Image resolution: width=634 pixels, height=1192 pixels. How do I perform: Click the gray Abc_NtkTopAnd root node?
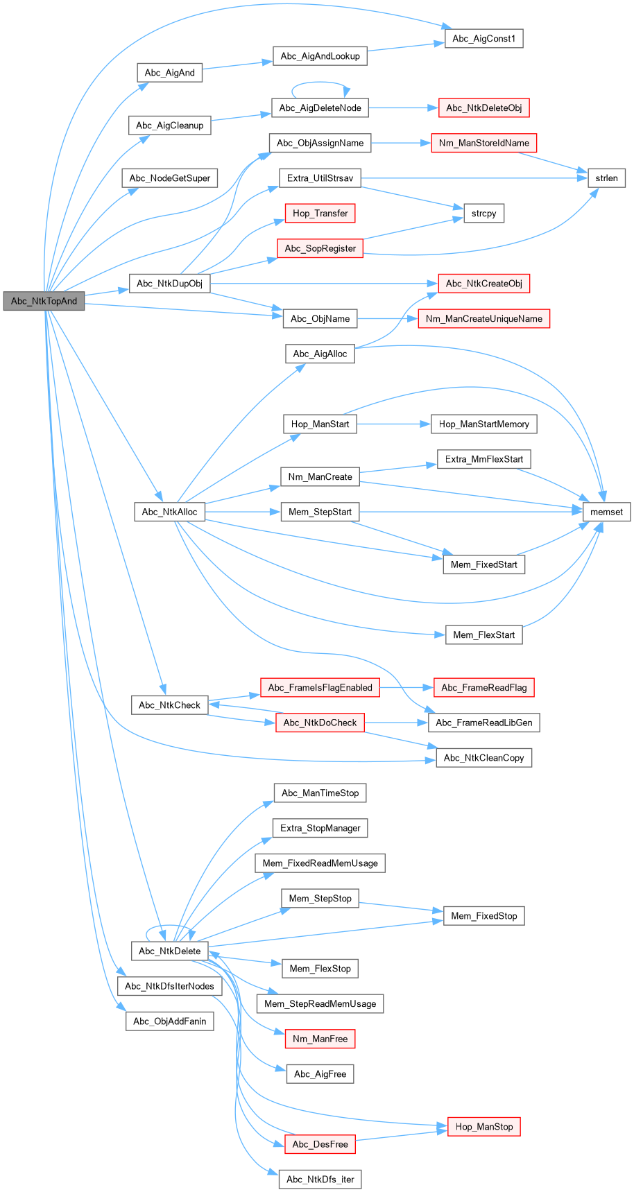point(44,301)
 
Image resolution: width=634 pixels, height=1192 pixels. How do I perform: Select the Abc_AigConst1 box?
point(483,39)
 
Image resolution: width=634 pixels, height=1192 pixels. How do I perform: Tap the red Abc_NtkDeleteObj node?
point(483,108)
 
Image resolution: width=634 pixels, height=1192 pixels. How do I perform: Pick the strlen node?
point(606,178)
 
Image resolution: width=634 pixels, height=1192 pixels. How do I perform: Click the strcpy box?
point(483,214)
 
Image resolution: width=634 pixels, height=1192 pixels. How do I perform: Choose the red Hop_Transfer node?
point(320,214)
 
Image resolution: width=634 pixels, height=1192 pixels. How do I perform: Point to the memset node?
point(606,512)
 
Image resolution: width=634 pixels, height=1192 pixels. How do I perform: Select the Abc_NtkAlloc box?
point(169,512)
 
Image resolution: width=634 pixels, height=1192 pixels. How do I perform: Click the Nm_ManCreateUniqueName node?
point(483,318)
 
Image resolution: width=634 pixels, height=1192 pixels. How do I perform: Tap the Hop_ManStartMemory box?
point(483,424)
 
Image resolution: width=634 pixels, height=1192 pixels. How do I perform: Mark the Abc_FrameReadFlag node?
point(483,688)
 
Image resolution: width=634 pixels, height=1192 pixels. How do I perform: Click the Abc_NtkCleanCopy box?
point(483,758)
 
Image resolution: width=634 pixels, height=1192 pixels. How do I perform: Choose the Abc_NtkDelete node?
point(169,951)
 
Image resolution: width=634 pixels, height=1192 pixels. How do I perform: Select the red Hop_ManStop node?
point(483,1127)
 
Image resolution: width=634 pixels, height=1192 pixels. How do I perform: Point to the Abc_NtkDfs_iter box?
point(320,1180)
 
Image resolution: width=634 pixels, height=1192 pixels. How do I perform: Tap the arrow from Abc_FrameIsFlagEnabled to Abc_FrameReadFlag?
point(406,688)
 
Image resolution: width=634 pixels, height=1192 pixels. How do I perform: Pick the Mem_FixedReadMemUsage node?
point(320,863)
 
